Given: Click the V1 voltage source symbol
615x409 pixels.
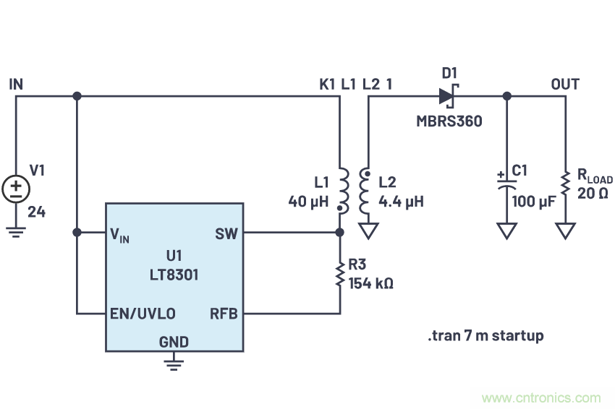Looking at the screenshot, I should point(16,189).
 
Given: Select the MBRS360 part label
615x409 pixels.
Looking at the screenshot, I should point(449,121).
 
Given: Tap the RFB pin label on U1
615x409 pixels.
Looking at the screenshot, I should point(224,314).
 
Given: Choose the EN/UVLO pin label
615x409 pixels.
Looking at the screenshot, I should point(143,314).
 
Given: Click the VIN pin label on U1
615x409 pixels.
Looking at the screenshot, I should point(120,234).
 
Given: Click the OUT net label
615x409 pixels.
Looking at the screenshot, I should point(565,84).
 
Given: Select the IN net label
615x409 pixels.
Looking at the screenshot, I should point(16,84).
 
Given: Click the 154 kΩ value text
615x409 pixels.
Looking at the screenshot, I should point(371,283).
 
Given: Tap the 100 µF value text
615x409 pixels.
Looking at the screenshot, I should point(533,201).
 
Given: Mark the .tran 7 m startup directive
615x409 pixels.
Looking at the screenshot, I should point(485,335).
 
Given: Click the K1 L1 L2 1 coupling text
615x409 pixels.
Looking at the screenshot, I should point(357,84).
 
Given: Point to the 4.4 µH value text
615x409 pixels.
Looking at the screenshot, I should point(401,201).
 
